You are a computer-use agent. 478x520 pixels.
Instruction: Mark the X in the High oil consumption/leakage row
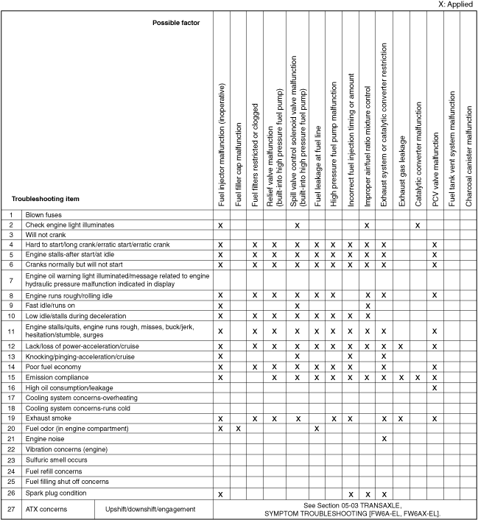pyautogui.click(x=435, y=387)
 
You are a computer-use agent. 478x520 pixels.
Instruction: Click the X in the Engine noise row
pyautogui.click(x=383, y=438)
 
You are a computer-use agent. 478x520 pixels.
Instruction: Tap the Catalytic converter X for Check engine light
pyautogui.click(x=418, y=224)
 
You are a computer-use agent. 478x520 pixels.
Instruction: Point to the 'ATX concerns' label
pyautogui.click(x=49, y=508)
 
